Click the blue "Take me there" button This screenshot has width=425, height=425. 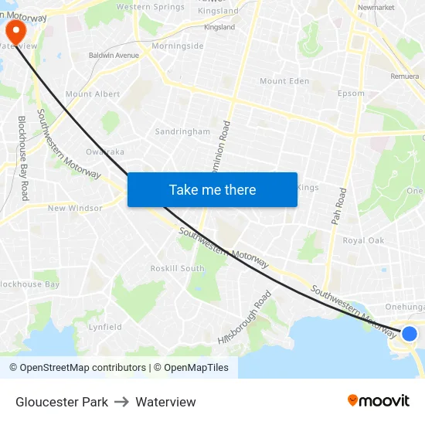click(x=212, y=189)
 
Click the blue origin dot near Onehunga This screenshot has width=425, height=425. click(x=410, y=333)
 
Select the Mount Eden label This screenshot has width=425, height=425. click(x=284, y=81)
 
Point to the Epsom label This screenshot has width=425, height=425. click(x=351, y=93)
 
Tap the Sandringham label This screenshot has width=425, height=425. click(x=182, y=131)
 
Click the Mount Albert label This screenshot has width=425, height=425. click(x=93, y=94)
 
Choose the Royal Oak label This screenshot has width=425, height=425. click(x=363, y=240)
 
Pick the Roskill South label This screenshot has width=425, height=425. click(x=177, y=268)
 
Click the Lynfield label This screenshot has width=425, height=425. click(x=105, y=327)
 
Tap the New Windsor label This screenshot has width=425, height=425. click(x=75, y=208)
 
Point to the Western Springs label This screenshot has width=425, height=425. click(x=151, y=7)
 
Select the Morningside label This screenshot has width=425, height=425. click(x=178, y=46)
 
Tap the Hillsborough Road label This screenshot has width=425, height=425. click(x=245, y=317)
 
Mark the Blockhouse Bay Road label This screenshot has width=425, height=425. click(x=23, y=158)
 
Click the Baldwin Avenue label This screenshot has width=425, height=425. click(x=114, y=56)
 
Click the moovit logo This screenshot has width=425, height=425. click(x=379, y=401)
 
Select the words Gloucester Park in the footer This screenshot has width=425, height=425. click(x=62, y=402)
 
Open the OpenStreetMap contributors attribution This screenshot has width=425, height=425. click(x=77, y=368)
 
